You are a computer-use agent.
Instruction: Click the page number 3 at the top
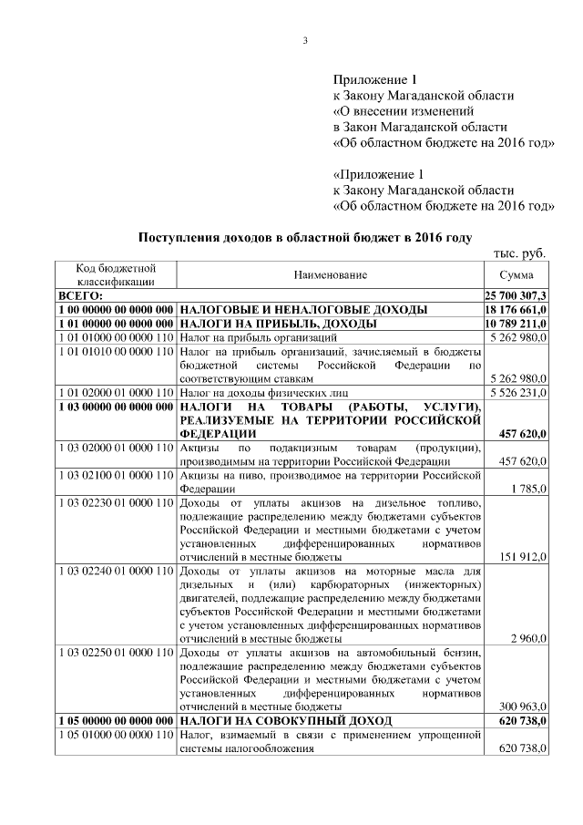(x=305, y=39)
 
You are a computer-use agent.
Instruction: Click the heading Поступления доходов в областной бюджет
(x=304, y=238)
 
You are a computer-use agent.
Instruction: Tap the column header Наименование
(x=330, y=275)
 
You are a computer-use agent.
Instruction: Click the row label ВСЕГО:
(x=81, y=296)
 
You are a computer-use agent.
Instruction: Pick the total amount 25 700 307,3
(x=516, y=296)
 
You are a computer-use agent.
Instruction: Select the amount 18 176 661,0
(x=516, y=310)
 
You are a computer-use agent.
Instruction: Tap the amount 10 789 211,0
(x=516, y=324)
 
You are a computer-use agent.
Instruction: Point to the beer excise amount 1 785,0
(x=528, y=489)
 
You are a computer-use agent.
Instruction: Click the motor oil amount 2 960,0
(x=528, y=639)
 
